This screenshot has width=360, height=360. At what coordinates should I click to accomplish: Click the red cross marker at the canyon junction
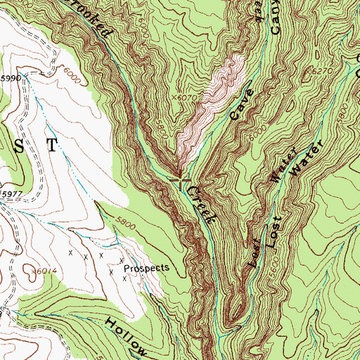point(181,180)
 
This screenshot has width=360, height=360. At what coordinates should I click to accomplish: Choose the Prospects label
point(146,268)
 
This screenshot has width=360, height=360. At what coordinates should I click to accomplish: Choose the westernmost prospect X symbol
point(70,251)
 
